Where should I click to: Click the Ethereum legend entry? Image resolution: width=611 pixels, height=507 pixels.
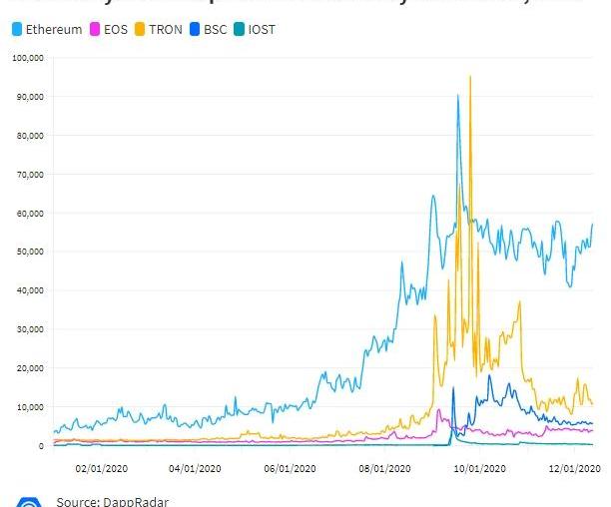(53, 30)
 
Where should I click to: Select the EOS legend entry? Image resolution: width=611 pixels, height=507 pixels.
(115, 30)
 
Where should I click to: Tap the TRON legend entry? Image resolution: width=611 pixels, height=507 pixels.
(165, 30)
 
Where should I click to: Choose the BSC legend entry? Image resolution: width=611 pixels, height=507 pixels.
(215, 30)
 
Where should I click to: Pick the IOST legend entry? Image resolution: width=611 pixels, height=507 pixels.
(262, 30)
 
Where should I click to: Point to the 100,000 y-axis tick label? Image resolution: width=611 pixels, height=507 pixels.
(27, 58)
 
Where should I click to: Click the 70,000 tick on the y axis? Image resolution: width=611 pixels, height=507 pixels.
(29, 174)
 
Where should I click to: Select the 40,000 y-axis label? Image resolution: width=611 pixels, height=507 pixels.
(29, 290)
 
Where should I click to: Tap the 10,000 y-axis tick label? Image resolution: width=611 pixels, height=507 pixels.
(29, 407)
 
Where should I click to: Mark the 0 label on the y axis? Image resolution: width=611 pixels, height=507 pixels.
(41, 446)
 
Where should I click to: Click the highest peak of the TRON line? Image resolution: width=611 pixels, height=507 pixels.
(470, 77)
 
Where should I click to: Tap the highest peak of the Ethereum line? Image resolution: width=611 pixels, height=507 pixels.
(458, 96)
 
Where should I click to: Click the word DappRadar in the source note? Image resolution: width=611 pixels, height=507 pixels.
(125, 501)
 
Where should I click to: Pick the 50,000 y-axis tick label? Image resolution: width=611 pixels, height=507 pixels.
(29, 252)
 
